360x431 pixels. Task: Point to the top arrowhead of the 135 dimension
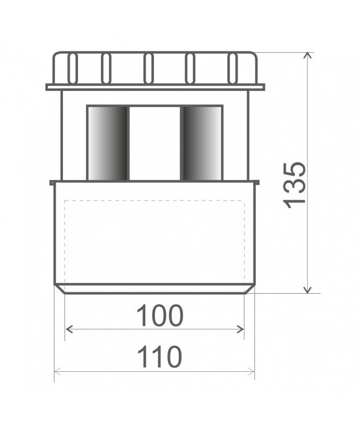pyautogui.click(x=308, y=55)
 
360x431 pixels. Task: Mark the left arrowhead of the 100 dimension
pyautogui.click(x=68, y=328)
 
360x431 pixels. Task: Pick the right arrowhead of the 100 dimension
pyautogui.click(x=242, y=328)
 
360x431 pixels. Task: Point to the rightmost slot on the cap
pyautogui.click(x=233, y=68)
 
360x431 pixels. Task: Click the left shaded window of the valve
pyautogui.click(x=108, y=143)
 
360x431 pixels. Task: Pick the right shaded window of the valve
pyautogui.click(x=201, y=143)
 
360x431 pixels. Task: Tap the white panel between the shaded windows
pyautogui.click(x=155, y=143)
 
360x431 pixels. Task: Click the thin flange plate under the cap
pyautogui.click(x=155, y=87)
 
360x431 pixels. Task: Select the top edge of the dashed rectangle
pyautogui.click(x=155, y=200)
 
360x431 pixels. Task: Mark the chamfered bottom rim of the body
pyautogui.click(x=155, y=289)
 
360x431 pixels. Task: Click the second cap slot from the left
pyautogui.click(x=106, y=68)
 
